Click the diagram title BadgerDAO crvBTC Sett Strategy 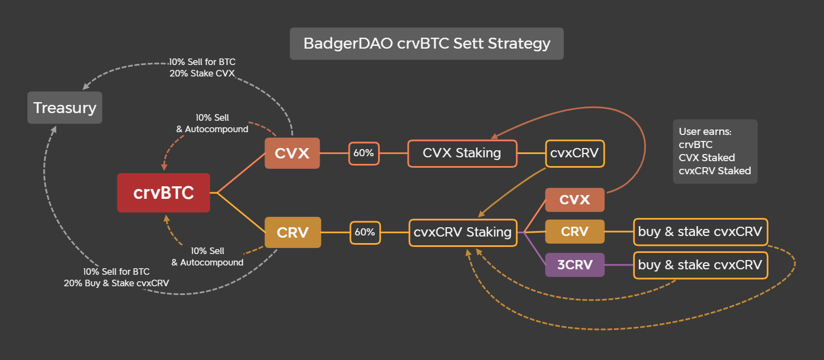(x=426, y=44)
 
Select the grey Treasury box (x=64, y=108)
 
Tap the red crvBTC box (x=163, y=193)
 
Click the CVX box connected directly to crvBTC (x=292, y=154)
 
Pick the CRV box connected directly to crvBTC (x=292, y=232)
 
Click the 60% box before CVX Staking (x=363, y=154)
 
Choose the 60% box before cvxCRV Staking (x=364, y=232)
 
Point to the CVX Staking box (x=462, y=153)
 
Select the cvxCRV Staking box (x=462, y=232)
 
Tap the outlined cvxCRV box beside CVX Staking (x=575, y=154)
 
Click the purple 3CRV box (x=574, y=265)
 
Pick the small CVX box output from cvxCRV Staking (x=574, y=199)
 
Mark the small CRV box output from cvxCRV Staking (x=574, y=232)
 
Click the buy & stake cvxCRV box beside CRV (x=700, y=232)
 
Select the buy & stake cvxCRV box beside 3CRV (x=700, y=265)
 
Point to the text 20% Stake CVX (x=202, y=74)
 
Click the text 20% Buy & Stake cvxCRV (x=116, y=283)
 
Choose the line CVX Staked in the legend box (x=707, y=158)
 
